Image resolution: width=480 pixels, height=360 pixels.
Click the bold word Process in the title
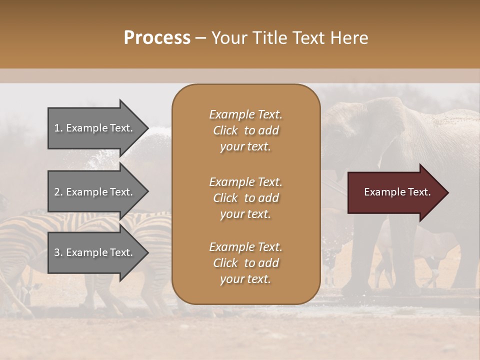157,38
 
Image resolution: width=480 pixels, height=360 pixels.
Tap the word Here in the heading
348,38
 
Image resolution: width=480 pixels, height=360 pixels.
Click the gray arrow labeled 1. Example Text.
95,128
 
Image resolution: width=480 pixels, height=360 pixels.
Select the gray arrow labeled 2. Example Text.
95,192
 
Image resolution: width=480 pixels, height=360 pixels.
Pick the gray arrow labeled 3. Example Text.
95,252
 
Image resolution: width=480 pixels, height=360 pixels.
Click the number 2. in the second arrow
58,192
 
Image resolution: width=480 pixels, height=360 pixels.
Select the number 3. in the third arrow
58,252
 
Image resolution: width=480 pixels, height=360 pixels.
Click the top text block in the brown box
245,130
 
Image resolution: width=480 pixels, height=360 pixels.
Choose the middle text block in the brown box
245,198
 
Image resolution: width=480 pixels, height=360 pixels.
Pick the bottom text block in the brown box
245,263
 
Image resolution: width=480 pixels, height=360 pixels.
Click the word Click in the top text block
225,130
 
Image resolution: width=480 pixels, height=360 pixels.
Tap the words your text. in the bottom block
245,279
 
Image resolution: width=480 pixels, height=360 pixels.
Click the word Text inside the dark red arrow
419,192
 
